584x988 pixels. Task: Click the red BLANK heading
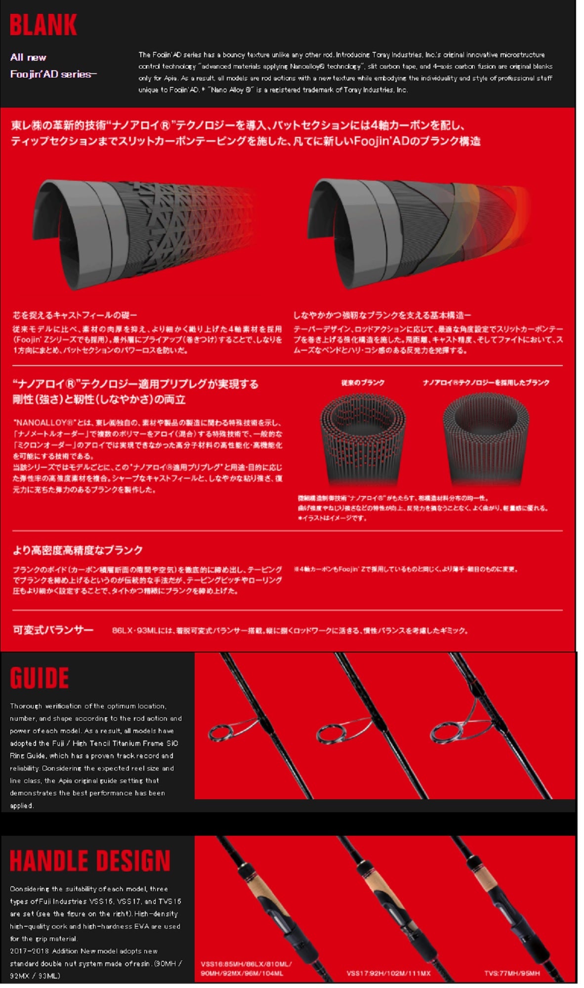tap(43, 25)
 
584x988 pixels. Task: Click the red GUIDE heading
tap(40, 678)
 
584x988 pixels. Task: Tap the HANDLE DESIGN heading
tap(90, 861)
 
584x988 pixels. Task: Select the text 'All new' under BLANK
tap(28, 57)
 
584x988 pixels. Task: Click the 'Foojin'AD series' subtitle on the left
tap(53, 74)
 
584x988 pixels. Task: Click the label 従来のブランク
tap(363, 382)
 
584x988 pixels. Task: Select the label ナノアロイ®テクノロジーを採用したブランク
tap(486, 382)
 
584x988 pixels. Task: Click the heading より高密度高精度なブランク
tap(78, 550)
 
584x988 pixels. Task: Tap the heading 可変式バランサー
tap(53, 630)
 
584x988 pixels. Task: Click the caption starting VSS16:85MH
tap(246, 968)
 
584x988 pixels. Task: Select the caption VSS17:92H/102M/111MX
tap(388, 973)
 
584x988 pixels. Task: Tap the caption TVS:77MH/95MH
tap(512, 973)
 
